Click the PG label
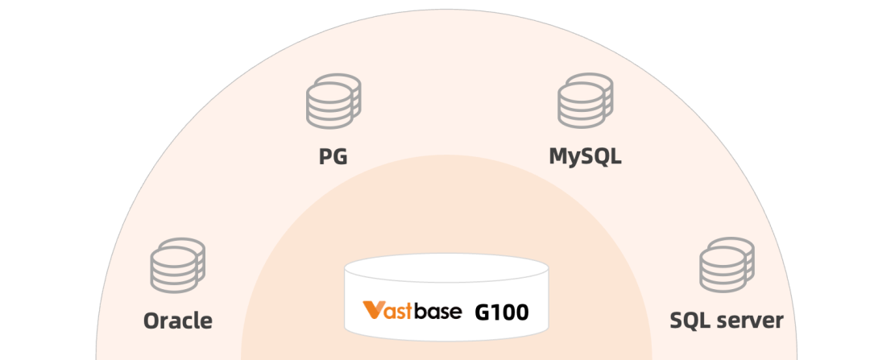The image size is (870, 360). pos(333,155)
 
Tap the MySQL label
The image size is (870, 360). pos(586,155)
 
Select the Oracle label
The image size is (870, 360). pos(178,321)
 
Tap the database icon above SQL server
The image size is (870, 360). pos(727,267)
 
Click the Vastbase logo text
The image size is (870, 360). pos(412,310)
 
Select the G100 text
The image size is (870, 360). pos(502,311)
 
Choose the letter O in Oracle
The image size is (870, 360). pos(153,321)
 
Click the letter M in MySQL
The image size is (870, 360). pos(559,155)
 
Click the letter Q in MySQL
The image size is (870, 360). pos(601,156)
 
